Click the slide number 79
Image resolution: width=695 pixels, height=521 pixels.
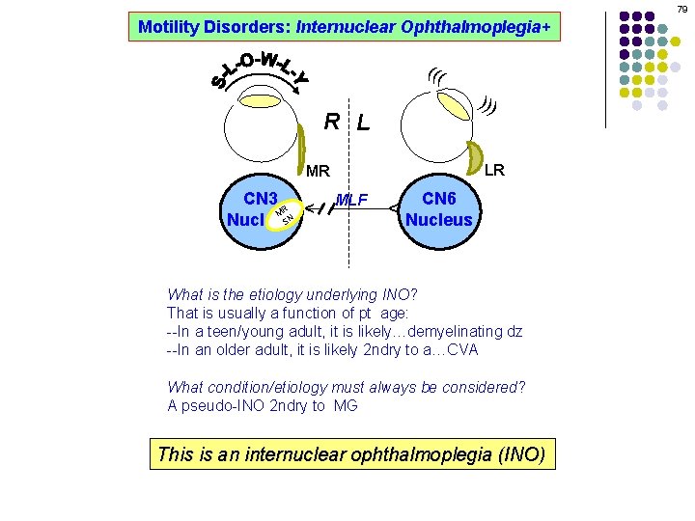tap(682, 8)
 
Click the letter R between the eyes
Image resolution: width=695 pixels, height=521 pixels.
tap(332, 122)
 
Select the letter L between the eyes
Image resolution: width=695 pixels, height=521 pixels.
tap(363, 123)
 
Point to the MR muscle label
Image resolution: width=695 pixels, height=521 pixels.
tap(318, 172)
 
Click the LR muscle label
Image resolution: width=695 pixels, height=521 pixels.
tap(494, 171)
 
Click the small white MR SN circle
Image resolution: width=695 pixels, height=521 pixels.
tap(283, 217)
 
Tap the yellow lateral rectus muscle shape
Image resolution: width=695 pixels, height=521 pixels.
tap(477, 157)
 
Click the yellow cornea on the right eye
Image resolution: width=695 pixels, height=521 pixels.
tap(258, 99)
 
